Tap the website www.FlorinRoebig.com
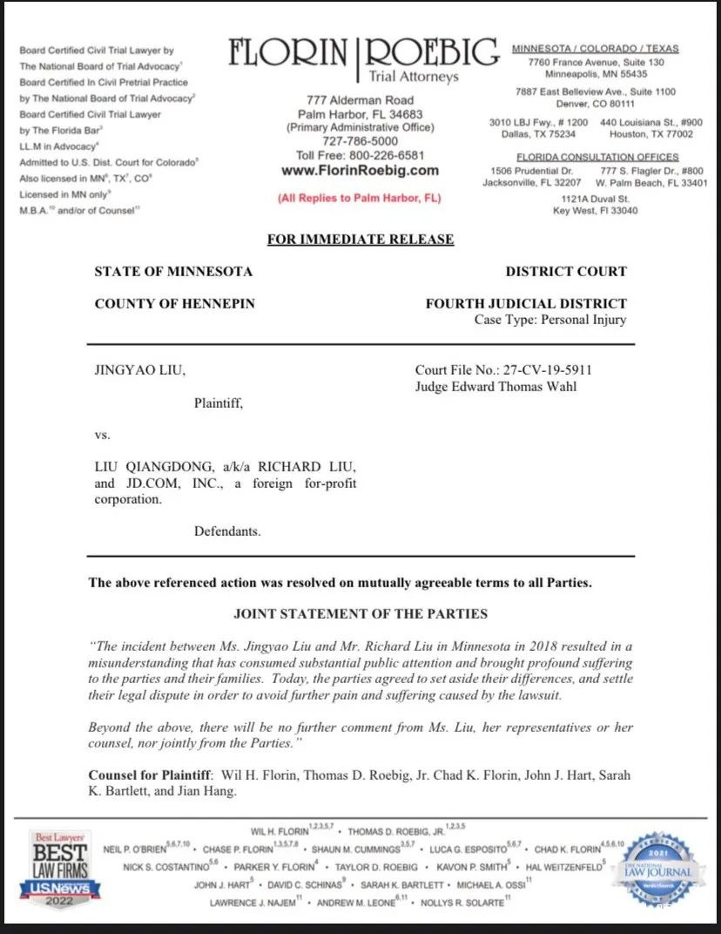click(x=360, y=171)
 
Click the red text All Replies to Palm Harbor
click(x=360, y=198)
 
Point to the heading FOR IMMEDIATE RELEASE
click(x=360, y=240)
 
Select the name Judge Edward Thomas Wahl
click(x=495, y=387)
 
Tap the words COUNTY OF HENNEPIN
click(x=174, y=304)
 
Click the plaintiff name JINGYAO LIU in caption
click(x=139, y=370)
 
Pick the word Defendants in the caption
click(x=227, y=531)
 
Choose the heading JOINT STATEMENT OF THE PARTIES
click(x=360, y=613)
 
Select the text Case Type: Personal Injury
click(x=550, y=320)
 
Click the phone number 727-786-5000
click(x=360, y=141)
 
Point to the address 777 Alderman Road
click(x=360, y=100)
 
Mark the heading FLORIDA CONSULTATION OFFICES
click(x=596, y=157)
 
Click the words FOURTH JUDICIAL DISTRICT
click(x=526, y=304)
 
